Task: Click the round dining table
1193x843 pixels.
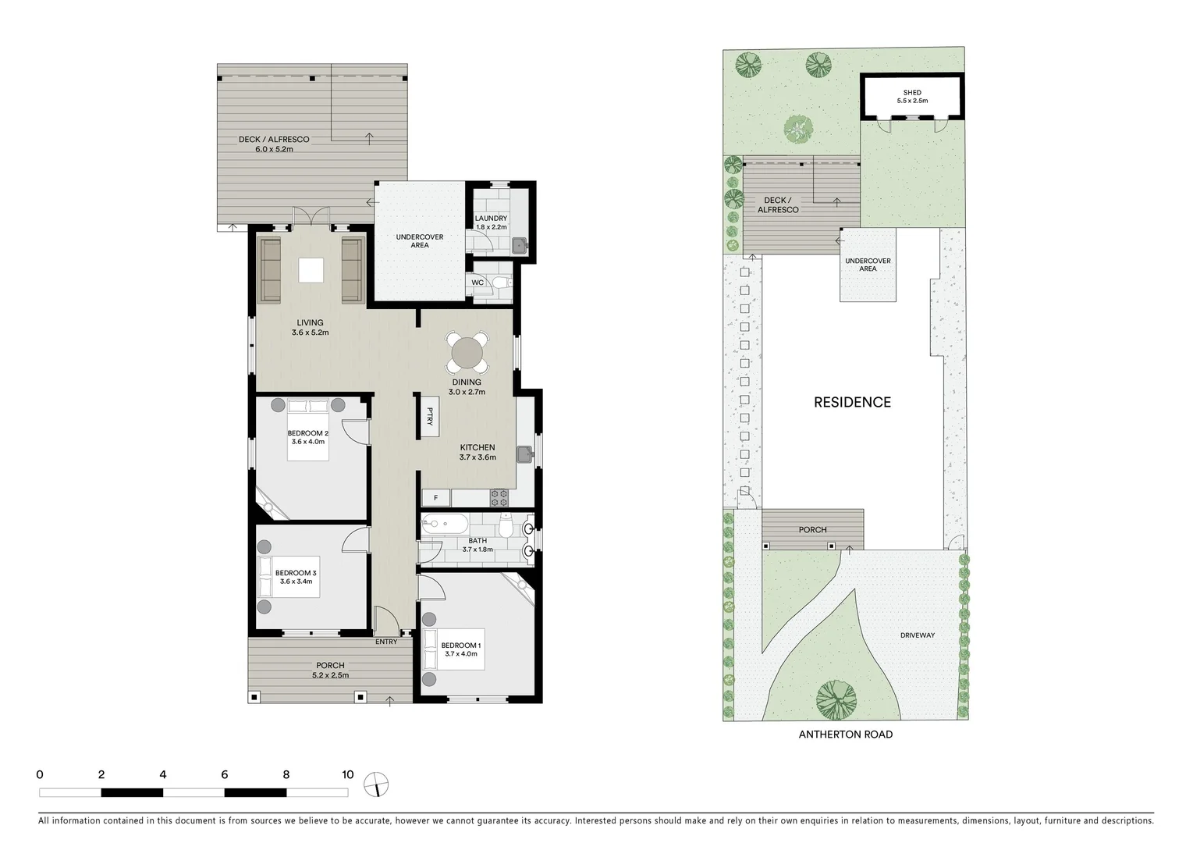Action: click(x=467, y=353)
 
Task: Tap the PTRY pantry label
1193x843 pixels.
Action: click(x=429, y=417)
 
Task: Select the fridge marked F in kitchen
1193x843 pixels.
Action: click(x=436, y=497)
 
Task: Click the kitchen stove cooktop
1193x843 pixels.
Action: click(x=499, y=497)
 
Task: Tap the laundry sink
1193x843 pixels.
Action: click(x=520, y=246)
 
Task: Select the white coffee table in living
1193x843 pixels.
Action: click(x=311, y=270)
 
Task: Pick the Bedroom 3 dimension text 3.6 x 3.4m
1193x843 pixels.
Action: click(x=296, y=582)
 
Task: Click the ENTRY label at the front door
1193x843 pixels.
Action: click(x=386, y=642)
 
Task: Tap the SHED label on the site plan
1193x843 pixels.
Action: click(x=912, y=92)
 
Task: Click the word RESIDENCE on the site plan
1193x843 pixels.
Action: click(x=852, y=402)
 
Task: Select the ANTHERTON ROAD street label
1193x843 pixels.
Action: click(x=845, y=735)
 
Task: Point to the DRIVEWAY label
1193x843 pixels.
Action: click(x=917, y=635)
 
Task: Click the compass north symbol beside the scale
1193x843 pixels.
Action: click(x=376, y=784)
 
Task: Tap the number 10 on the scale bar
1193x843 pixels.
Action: click(x=347, y=775)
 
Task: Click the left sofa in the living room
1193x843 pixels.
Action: click(x=270, y=270)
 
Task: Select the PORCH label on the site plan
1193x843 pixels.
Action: click(x=812, y=529)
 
